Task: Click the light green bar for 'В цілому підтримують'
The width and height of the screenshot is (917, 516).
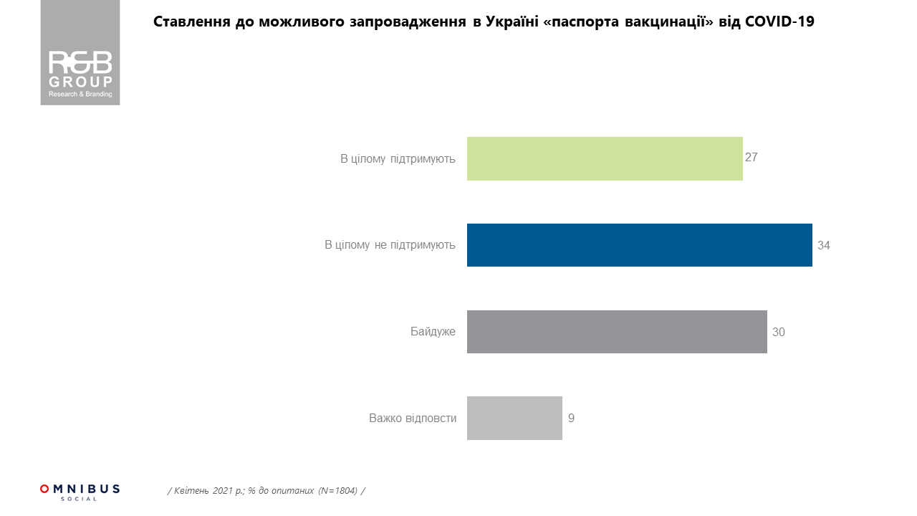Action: click(605, 158)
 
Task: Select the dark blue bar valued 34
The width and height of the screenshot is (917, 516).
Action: click(639, 245)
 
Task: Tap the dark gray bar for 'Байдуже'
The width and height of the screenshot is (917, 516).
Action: click(617, 332)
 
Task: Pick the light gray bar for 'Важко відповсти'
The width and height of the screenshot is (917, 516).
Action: click(514, 418)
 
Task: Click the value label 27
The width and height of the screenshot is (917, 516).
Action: click(751, 158)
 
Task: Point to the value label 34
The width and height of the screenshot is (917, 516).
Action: click(823, 245)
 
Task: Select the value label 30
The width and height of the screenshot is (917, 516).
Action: click(779, 332)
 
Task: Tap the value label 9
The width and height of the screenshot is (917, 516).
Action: click(571, 418)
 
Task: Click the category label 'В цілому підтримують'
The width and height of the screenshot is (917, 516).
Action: click(398, 158)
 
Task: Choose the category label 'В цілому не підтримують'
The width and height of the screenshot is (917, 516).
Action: click(390, 245)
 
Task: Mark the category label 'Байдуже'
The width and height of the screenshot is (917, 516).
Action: click(433, 332)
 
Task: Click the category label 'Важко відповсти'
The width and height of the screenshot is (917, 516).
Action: click(413, 418)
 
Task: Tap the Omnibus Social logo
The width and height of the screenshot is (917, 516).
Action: click(80, 492)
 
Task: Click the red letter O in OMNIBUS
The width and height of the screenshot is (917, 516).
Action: click(44, 489)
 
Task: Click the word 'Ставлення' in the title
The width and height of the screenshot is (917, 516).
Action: click(191, 21)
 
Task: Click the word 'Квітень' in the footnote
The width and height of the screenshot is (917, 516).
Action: click(190, 491)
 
